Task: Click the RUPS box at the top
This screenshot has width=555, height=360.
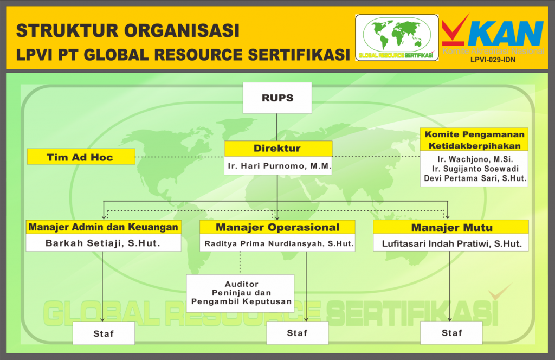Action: (x=277, y=98)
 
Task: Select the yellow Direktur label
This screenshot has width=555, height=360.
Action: (x=278, y=149)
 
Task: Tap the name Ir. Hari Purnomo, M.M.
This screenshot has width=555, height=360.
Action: (x=280, y=166)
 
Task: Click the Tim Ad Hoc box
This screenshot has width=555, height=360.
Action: (x=81, y=157)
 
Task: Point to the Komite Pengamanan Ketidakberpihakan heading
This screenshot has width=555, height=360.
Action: (x=474, y=140)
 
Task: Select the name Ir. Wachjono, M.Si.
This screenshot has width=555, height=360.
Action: (x=475, y=159)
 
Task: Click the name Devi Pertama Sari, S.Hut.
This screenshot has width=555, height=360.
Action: (x=475, y=178)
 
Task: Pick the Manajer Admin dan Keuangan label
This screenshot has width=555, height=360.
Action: (x=104, y=227)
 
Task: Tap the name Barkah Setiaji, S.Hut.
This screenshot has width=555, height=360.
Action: (x=102, y=243)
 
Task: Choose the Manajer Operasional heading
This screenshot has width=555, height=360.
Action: (x=277, y=227)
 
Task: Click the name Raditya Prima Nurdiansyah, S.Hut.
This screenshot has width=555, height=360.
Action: (x=279, y=243)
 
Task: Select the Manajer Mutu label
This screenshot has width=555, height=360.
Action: (x=451, y=227)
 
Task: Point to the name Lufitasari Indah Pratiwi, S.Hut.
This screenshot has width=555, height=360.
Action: (x=451, y=243)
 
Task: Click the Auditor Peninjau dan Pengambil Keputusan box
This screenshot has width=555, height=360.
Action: (x=240, y=293)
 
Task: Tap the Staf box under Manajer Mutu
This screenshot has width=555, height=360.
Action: (x=451, y=333)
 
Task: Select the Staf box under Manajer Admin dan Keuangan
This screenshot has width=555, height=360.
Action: (x=104, y=333)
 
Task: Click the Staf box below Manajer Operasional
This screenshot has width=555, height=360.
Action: (x=298, y=333)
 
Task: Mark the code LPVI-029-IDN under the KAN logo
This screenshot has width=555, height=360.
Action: (x=493, y=60)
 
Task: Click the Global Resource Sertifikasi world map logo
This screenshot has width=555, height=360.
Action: (x=397, y=37)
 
